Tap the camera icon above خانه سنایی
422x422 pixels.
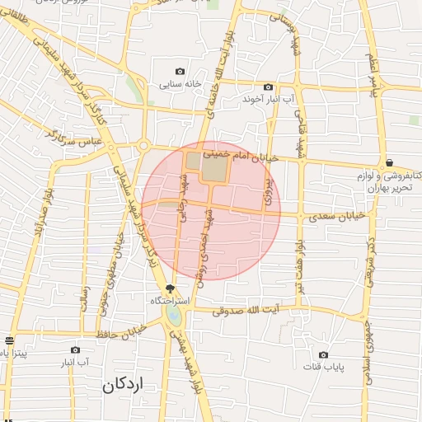click(181, 72)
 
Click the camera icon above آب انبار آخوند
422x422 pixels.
click(268, 87)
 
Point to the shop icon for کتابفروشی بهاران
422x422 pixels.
click(389, 162)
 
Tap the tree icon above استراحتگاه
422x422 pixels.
click(171, 288)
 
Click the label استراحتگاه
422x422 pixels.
click(171, 301)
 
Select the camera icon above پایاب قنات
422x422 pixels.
click(323, 354)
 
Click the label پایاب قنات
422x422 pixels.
click(324, 366)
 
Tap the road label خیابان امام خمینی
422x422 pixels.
click(265, 154)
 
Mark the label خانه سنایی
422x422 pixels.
click(181, 84)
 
